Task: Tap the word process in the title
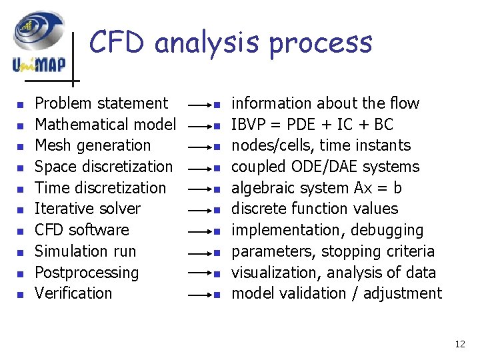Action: pos(320,43)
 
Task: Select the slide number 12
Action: pos(460,344)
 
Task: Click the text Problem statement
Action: pos(101,103)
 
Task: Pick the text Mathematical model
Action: pos(105,125)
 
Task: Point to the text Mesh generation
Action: pos(93,145)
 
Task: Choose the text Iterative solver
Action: pos(87,209)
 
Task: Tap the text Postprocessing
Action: pos(87,273)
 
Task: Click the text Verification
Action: pos(73,293)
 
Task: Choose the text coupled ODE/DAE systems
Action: pos(325,167)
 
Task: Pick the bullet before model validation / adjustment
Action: pos(217,295)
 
